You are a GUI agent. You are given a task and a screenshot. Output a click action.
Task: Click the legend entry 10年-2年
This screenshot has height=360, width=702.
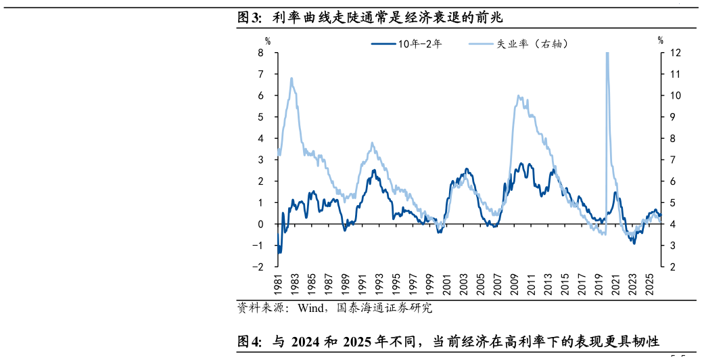tap(406, 43)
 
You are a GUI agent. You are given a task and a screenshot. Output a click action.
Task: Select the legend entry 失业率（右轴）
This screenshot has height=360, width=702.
tap(519, 43)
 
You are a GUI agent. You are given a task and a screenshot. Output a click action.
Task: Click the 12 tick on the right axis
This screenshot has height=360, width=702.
tap(675, 52)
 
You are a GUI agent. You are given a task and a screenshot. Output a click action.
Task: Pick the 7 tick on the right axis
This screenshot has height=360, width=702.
tap(672, 160)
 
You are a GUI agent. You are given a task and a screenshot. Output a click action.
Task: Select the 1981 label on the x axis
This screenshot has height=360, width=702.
tap(278, 284)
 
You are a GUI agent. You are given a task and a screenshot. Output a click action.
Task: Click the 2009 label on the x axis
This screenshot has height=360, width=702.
tap(515, 284)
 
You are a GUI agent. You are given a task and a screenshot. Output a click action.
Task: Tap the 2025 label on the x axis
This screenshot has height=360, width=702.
tap(650, 284)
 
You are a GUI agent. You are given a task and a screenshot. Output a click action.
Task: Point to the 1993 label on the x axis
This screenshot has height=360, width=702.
tap(379, 284)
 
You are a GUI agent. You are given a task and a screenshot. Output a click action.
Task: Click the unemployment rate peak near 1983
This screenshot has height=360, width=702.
tap(291, 78)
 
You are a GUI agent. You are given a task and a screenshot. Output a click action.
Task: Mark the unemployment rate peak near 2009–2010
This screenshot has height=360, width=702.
tap(518, 96)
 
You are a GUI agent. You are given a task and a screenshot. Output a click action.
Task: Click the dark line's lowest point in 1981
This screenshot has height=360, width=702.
tap(279, 254)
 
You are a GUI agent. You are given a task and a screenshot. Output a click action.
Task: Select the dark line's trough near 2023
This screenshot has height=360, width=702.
tap(634, 243)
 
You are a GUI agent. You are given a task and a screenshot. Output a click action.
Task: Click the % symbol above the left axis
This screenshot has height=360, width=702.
tap(268, 41)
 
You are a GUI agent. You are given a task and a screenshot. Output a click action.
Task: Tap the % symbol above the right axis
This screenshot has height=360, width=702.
tap(660, 41)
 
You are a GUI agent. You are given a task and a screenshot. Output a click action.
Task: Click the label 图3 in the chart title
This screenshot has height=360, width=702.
tap(249, 18)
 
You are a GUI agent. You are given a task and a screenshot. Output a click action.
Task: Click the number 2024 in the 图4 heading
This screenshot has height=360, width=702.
tap(305, 342)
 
